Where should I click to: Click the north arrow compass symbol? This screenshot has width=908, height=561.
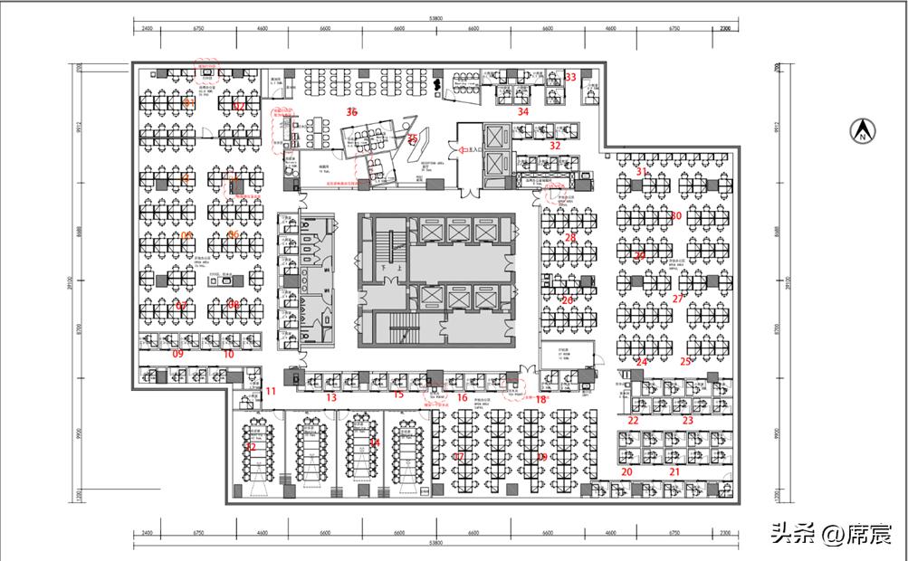point(864,131)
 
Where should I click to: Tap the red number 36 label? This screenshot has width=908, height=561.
point(352,111)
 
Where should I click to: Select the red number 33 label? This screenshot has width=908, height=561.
point(570,77)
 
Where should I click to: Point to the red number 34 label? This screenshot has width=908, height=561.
point(522,112)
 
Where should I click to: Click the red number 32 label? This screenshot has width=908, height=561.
point(555,145)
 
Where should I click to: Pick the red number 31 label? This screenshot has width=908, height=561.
point(642,171)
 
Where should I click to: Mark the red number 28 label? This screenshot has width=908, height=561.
point(570,238)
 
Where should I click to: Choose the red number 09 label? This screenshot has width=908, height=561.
point(177,354)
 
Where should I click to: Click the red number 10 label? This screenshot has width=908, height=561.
point(228,355)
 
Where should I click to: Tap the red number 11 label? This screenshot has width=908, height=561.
point(271,391)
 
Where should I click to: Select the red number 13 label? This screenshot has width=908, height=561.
point(331,397)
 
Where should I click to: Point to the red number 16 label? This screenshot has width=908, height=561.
point(462,397)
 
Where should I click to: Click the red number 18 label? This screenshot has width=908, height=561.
point(541,399)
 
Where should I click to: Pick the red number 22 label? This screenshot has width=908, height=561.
point(633,421)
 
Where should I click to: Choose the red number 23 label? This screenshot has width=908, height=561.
point(687,421)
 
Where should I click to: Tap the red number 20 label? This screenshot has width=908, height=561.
point(626,471)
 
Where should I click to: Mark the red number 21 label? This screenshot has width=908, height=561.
point(674,471)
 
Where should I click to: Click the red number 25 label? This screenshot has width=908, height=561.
point(685,362)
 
